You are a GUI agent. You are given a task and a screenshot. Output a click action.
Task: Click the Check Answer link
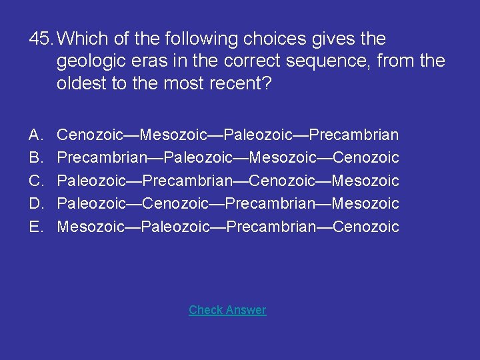227,310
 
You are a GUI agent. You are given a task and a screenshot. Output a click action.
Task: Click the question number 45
41,39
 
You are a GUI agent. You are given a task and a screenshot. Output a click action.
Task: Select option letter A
36,135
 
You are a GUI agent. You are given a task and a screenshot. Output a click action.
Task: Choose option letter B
36,158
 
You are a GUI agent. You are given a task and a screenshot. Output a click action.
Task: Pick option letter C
36,181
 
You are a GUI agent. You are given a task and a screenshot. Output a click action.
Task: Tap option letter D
36,203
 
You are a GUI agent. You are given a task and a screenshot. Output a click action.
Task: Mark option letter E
36,227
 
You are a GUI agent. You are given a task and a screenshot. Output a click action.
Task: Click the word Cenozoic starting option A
90,135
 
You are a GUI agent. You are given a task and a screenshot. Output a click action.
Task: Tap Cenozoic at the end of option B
366,158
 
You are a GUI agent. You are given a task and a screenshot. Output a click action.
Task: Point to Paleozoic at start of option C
90,181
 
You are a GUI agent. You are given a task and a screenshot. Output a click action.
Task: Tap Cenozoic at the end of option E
366,227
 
